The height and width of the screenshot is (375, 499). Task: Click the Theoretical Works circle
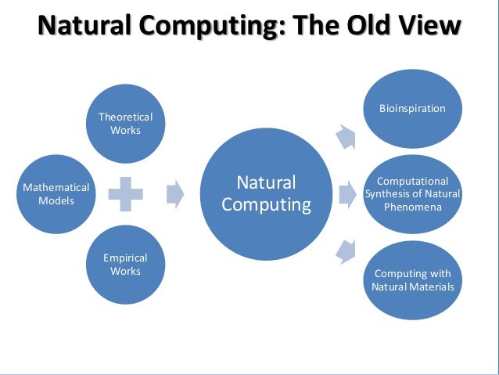[125, 123]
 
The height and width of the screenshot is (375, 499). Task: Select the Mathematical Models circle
[56, 194]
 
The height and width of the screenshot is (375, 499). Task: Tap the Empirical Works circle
[125, 265]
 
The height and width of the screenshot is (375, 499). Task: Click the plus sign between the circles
[125, 194]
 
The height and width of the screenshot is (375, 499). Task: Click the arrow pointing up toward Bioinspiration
[344, 137]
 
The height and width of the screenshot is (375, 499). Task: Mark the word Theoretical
[125, 117]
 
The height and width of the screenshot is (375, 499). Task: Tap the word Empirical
[125, 258]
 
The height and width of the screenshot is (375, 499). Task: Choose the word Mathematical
[56, 188]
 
